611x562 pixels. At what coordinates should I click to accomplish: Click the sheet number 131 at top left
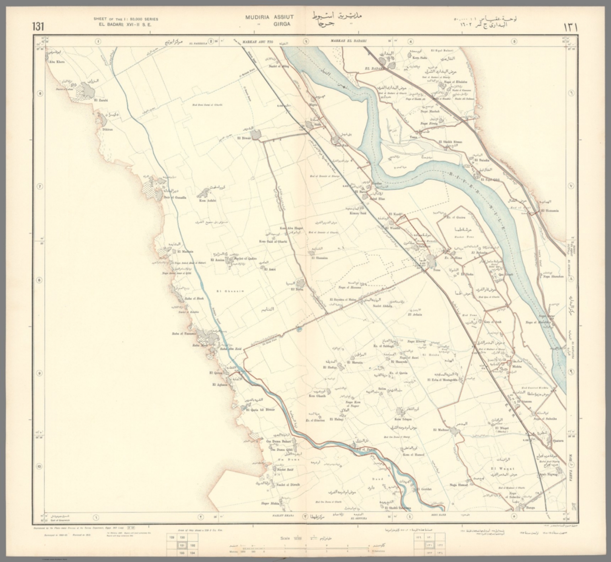(x=38, y=27)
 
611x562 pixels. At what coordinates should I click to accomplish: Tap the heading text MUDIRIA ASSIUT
(x=269, y=17)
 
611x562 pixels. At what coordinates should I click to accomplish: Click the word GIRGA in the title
(x=282, y=24)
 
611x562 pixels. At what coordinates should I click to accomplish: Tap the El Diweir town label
(x=244, y=138)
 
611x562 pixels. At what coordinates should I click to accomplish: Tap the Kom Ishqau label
(x=402, y=419)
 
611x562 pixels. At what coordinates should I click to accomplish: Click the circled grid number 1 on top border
(x=97, y=41)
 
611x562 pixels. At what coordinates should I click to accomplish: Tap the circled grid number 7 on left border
(x=39, y=187)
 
